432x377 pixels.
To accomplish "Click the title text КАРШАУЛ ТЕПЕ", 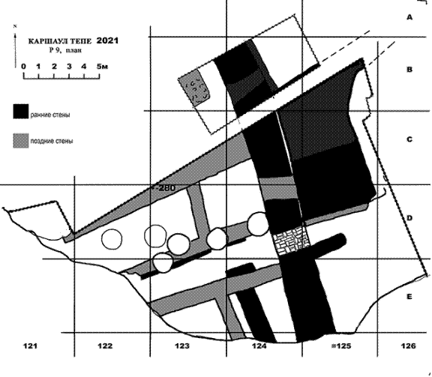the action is click(x=60, y=41).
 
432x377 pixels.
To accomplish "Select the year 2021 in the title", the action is click(x=107, y=40).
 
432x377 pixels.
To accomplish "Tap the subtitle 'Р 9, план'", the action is click(x=65, y=50).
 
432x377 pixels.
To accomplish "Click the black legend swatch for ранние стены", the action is click(x=21, y=111).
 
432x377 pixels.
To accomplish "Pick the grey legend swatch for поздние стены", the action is click(x=21, y=141).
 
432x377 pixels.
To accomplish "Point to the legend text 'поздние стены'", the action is click(x=52, y=141).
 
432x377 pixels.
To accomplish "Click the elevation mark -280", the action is click(x=165, y=188).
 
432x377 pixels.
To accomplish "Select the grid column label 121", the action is click(x=30, y=346).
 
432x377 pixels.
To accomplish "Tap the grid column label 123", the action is click(x=182, y=346).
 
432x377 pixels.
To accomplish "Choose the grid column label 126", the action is click(x=408, y=346).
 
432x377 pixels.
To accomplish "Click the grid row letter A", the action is click(x=409, y=17).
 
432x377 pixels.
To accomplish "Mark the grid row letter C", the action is click(x=409, y=139).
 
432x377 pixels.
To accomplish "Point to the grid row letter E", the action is click(x=409, y=297).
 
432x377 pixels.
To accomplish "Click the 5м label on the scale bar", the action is click(x=102, y=67).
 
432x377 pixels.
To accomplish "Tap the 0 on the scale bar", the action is click(x=24, y=67).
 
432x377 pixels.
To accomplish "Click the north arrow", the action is click(x=16, y=46).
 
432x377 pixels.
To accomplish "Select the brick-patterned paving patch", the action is click(x=291, y=240).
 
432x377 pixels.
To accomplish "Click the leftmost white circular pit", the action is click(x=112, y=239).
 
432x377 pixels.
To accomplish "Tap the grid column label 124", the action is click(x=259, y=346).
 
